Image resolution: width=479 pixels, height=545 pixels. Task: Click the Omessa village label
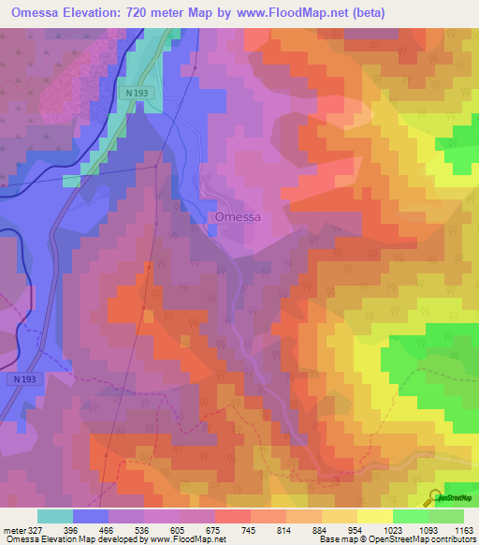(238, 216)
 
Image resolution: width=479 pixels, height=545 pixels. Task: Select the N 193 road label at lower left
(29, 379)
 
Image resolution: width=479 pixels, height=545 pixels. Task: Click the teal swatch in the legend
(55, 516)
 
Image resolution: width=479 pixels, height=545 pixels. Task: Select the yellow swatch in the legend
(374, 516)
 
